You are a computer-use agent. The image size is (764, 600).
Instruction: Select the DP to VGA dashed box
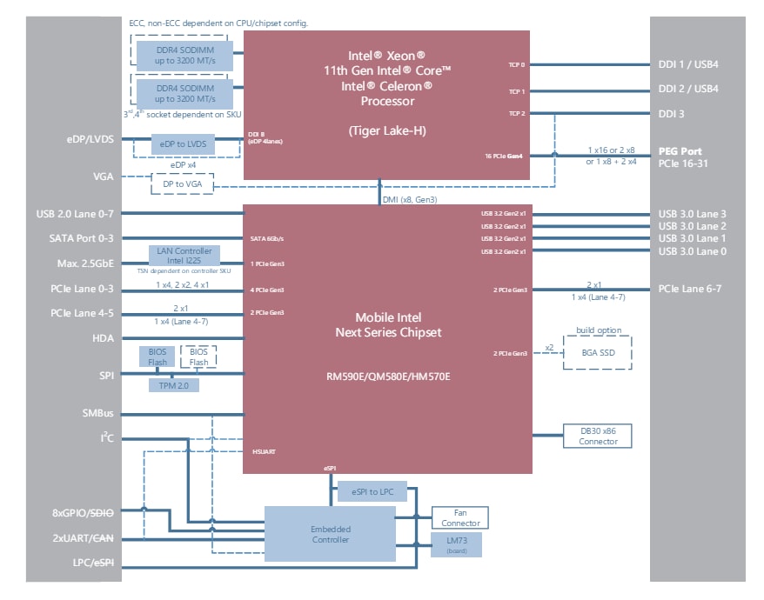pyautogui.click(x=182, y=183)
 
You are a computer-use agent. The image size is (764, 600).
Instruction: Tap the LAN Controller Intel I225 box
pyautogui.click(x=184, y=256)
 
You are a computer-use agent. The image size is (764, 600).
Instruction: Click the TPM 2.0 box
pyautogui.click(x=174, y=383)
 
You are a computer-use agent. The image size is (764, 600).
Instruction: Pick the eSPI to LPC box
pyautogui.click(x=372, y=492)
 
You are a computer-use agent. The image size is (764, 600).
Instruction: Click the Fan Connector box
pyautogui.click(x=459, y=518)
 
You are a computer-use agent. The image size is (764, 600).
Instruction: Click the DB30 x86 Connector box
pyautogui.click(x=597, y=436)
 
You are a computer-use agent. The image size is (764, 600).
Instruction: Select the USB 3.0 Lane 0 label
pyautogui.click(x=692, y=251)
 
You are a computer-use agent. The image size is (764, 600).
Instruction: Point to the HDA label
pyautogui.click(x=103, y=337)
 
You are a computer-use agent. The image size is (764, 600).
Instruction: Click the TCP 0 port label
pyautogui.click(x=516, y=64)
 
